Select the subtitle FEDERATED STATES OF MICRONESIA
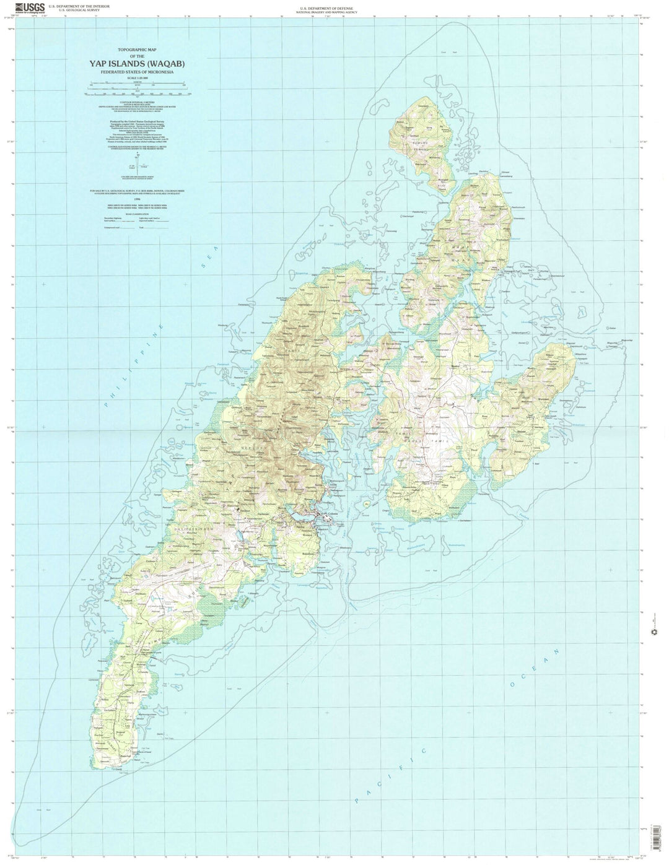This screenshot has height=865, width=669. point(138,72)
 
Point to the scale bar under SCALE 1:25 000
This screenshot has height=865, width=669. point(138,92)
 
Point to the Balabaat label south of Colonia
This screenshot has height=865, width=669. point(326,552)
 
